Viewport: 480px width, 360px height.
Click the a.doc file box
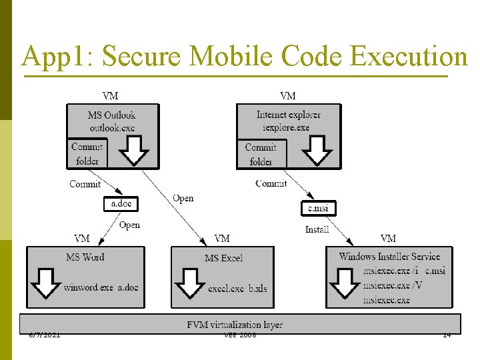click(x=121, y=204)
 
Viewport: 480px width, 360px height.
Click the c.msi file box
click(x=319, y=208)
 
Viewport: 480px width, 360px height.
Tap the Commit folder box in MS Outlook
click(x=87, y=153)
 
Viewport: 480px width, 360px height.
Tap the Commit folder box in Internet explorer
click(x=261, y=154)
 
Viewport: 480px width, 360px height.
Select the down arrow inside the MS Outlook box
click(x=136, y=150)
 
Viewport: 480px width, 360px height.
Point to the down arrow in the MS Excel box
click(x=189, y=283)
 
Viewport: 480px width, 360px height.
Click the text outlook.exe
click(x=111, y=127)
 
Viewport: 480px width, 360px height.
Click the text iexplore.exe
click(x=286, y=127)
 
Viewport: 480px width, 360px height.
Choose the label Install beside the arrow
click(x=317, y=229)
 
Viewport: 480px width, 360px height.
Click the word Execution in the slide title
click(x=408, y=57)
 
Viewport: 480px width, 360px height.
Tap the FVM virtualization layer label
click(x=235, y=325)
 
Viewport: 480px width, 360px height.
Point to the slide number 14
click(x=447, y=335)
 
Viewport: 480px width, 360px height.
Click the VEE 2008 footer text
click(x=240, y=335)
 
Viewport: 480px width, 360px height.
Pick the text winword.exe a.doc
click(x=101, y=287)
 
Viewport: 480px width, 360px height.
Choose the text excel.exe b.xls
click(x=237, y=288)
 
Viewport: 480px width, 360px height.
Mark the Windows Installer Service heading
click(x=389, y=256)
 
